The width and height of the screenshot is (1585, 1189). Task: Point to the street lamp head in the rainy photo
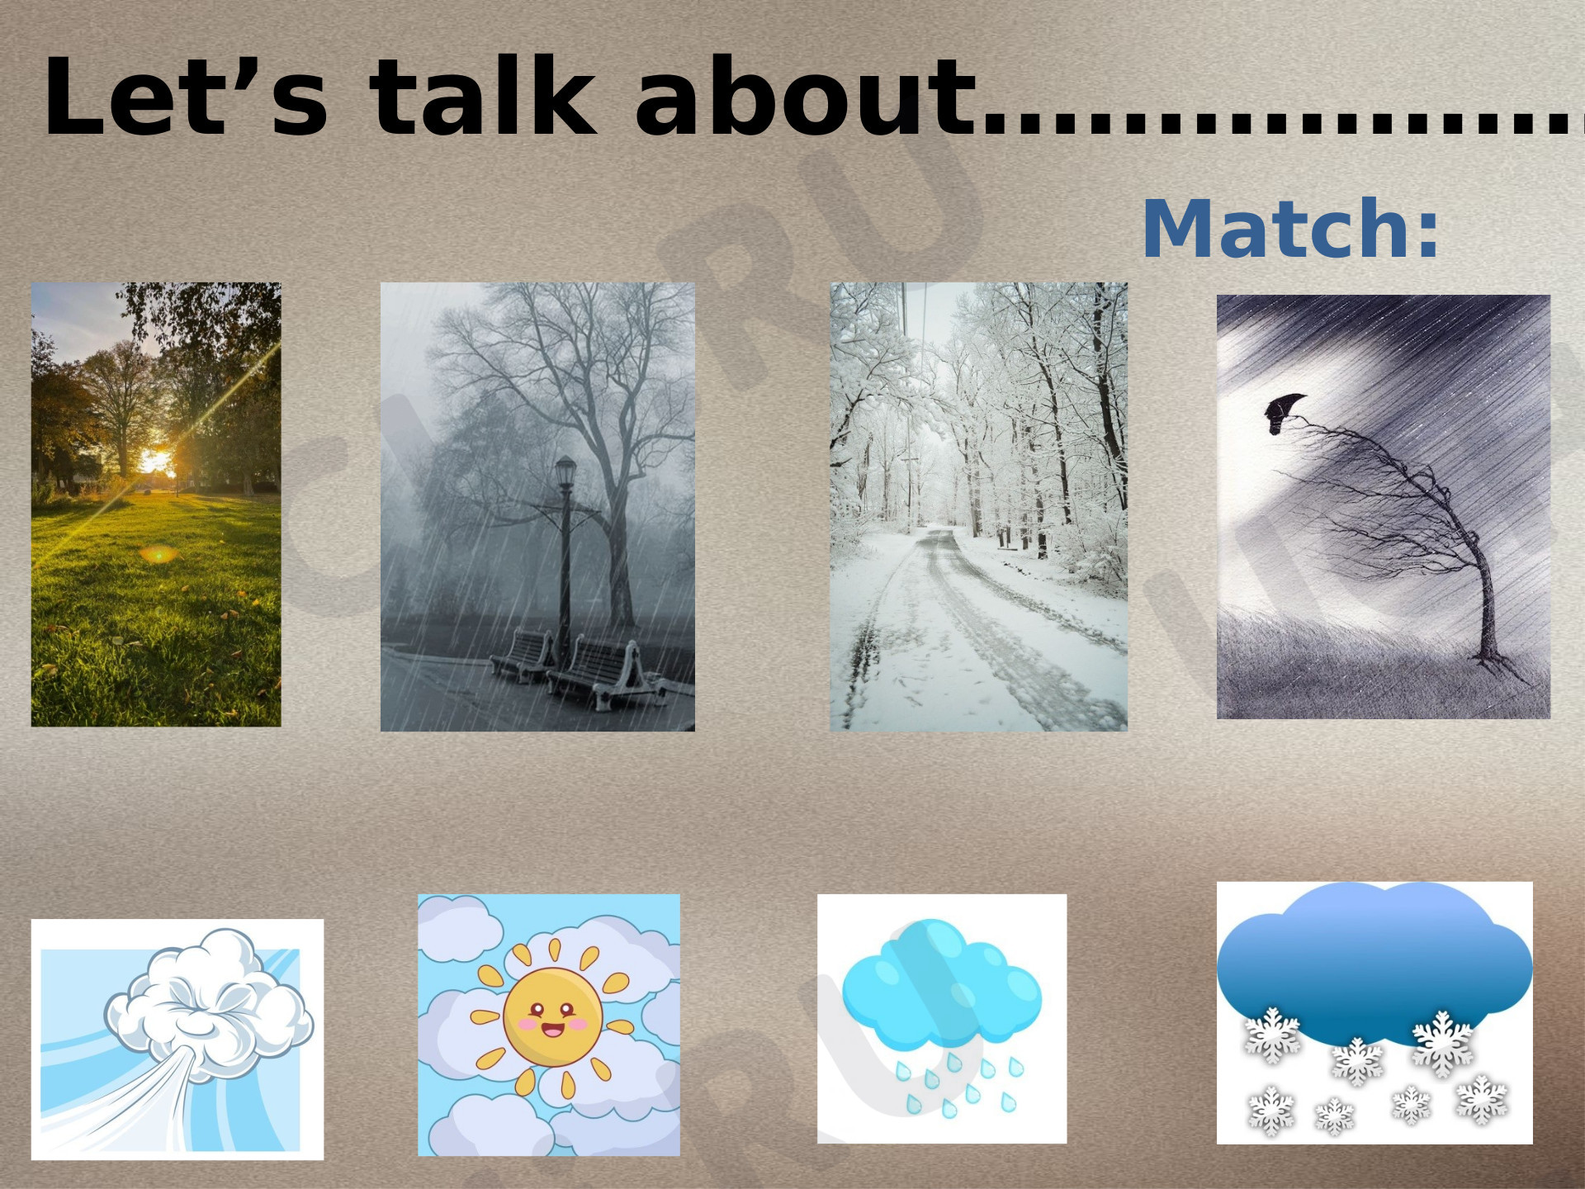565,471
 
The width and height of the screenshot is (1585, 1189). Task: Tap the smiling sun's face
552,1016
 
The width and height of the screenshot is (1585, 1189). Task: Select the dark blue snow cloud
1374,962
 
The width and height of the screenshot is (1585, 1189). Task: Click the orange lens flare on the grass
158,553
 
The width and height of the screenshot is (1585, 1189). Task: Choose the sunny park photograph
156,504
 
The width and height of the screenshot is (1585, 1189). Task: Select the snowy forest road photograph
978,506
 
